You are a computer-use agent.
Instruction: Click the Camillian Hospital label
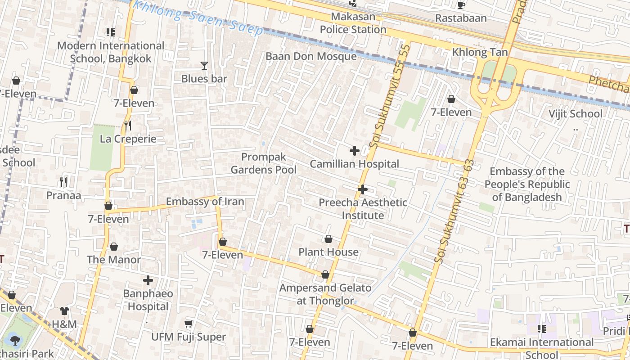(x=354, y=164)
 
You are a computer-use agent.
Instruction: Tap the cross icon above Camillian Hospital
(x=355, y=151)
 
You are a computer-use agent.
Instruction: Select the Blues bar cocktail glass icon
(x=204, y=66)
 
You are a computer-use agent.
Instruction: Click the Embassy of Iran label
(x=205, y=202)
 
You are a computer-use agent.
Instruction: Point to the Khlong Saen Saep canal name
(x=198, y=17)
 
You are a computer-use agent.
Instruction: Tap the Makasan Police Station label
(x=353, y=23)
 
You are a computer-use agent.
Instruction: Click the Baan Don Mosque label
(x=311, y=56)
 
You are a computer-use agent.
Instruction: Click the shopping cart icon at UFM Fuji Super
(x=189, y=324)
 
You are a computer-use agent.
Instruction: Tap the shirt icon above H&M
(x=64, y=311)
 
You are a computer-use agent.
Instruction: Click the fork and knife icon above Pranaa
(x=63, y=182)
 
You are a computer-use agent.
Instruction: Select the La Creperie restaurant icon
(x=128, y=126)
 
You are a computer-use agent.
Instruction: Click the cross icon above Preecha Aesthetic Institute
(x=363, y=189)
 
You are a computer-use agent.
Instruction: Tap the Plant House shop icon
(x=328, y=239)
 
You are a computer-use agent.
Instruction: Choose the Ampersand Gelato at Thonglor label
(x=325, y=294)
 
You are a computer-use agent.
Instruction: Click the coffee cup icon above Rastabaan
(x=461, y=5)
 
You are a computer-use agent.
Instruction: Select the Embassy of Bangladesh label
(x=527, y=184)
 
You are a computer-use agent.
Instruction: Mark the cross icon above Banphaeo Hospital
(x=148, y=281)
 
